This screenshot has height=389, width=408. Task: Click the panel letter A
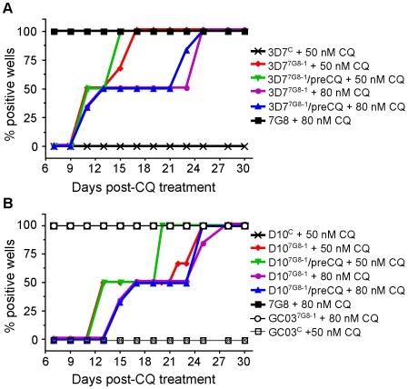8,8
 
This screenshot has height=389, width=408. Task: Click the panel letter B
8,203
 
